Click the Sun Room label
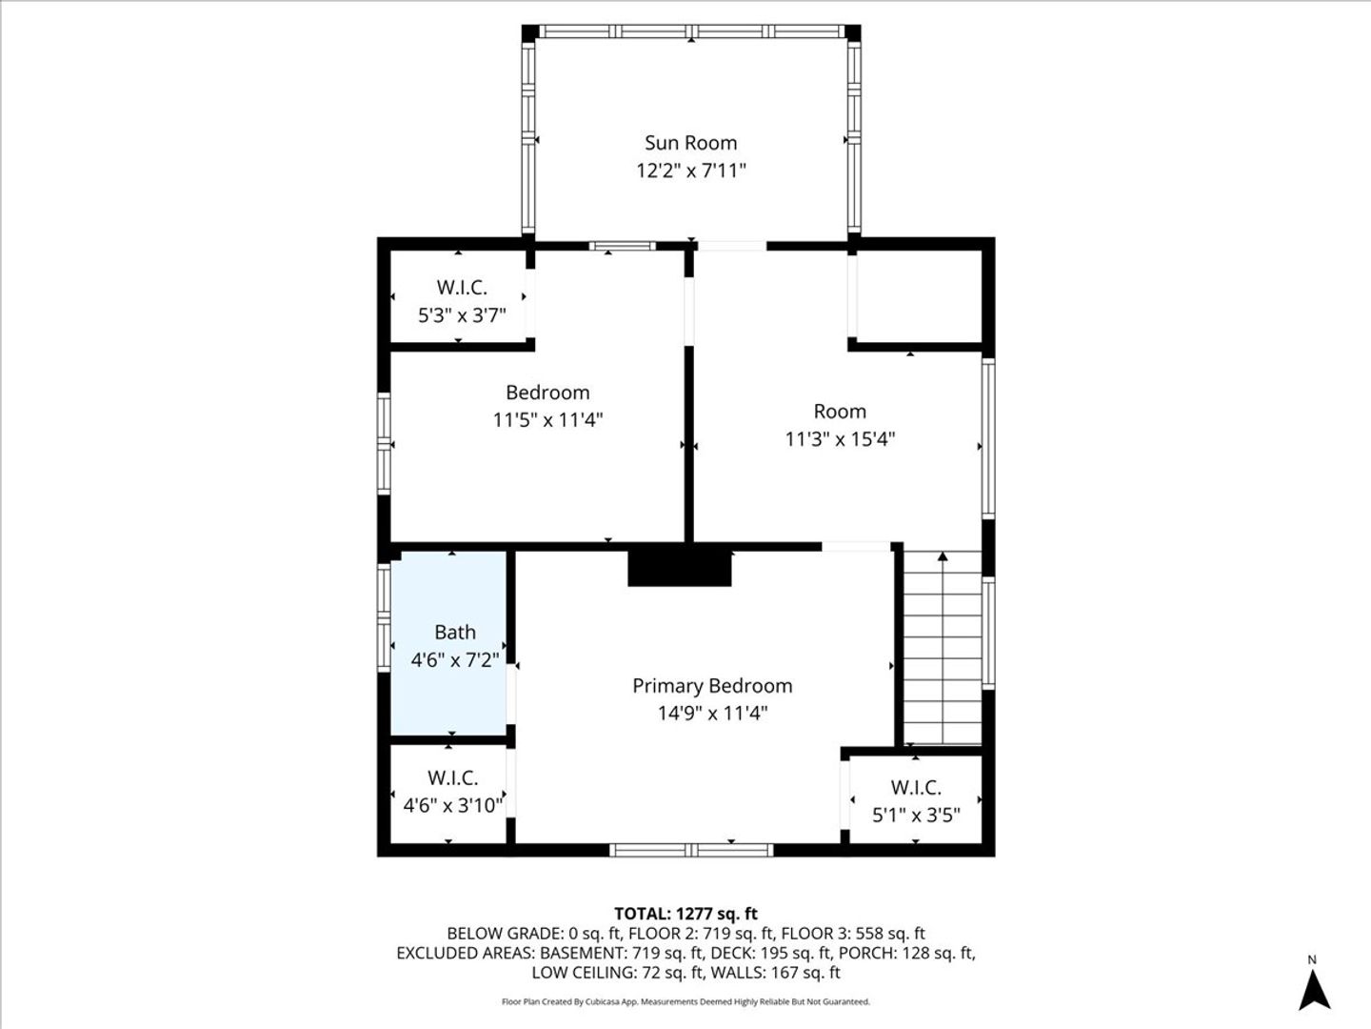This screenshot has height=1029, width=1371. click(x=691, y=143)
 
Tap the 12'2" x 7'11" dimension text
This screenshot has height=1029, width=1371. click(x=691, y=171)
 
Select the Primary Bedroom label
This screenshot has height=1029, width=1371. click(x=712, y=686)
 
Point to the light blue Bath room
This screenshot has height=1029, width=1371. click(x=448, y=643)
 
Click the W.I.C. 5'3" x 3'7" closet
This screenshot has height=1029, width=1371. click(x=460, y=296)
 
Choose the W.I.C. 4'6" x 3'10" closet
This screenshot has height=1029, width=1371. click(x=448, y=794)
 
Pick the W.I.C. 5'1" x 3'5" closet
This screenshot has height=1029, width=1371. click(x=916, y=799)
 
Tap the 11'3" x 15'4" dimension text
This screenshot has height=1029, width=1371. click(x=840, y=439)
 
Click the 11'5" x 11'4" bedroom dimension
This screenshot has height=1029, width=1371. click(x=547, y=420)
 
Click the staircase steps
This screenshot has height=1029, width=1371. click(x=943, y=648)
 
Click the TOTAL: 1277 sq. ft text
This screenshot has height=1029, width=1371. click(x=685, y=914)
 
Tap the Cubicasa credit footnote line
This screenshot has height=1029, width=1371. click(x=685, y=1002)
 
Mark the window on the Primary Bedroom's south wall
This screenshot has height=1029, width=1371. click(x=691, y=850)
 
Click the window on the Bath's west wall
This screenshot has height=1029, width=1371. click(x=384, y=618)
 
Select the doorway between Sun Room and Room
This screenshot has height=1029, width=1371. click(x=732, y=246)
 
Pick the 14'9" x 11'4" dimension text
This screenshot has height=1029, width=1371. click(x=712, y=713)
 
